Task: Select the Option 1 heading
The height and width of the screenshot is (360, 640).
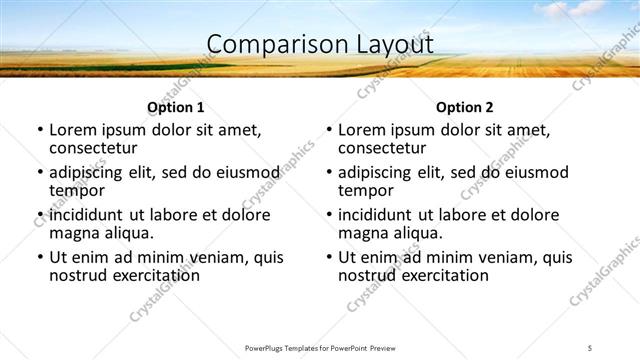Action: pos(176,107)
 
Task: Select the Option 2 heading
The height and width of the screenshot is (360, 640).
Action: pos(464,107)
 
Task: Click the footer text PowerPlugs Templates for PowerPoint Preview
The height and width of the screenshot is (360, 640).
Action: pos(319,348)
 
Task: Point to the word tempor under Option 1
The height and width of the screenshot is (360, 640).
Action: pos(76,190)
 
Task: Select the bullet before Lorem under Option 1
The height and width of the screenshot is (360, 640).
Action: pos(40,130)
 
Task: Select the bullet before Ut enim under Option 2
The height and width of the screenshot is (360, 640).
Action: pos(329,257)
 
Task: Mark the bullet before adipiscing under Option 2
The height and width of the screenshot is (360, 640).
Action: pos(329,173)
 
